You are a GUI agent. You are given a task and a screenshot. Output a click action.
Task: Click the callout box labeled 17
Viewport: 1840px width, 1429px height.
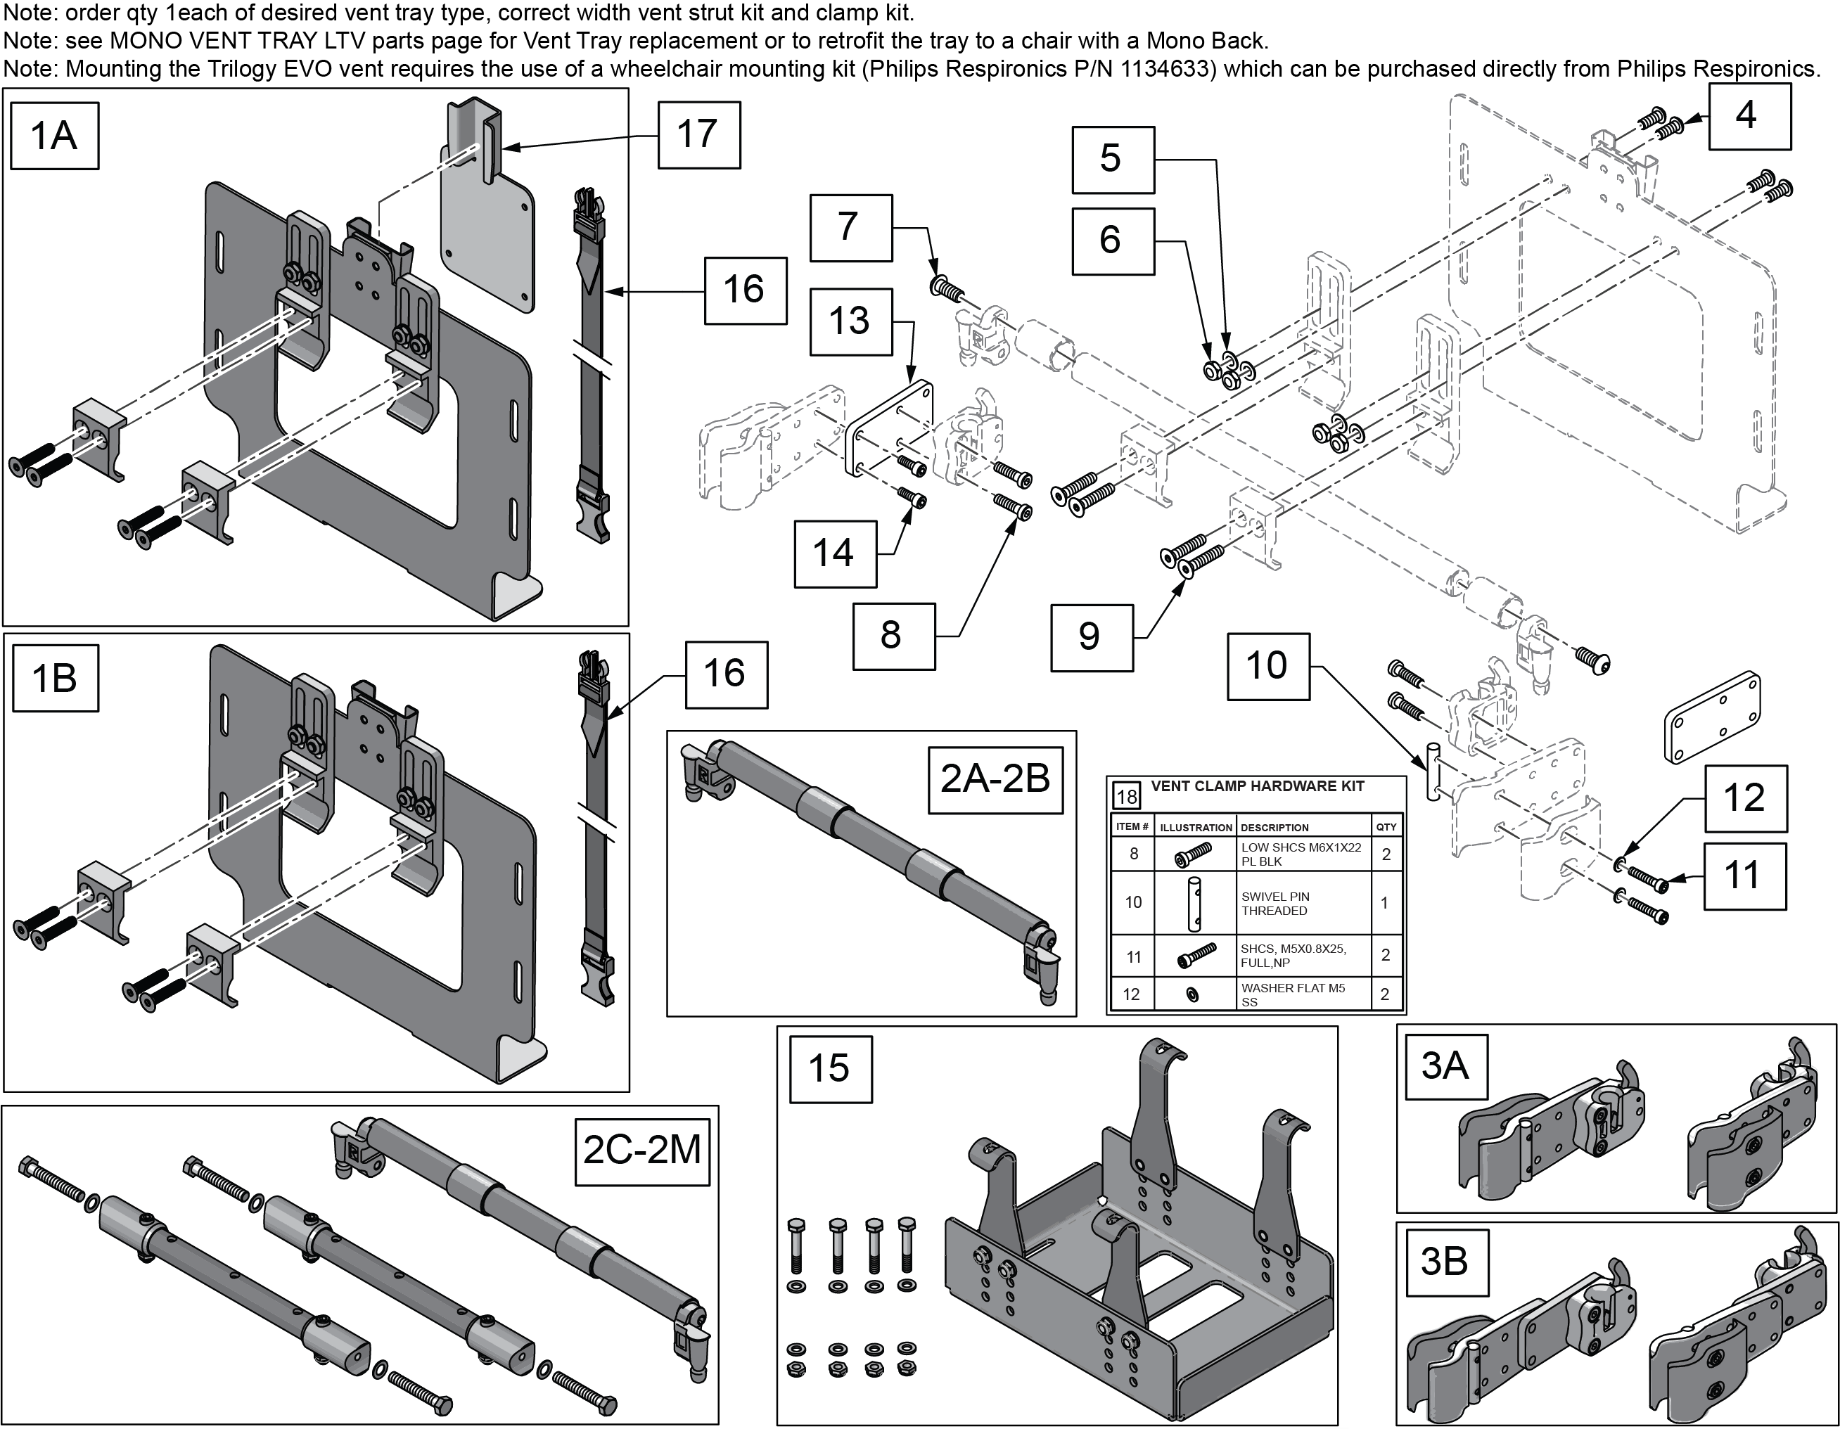(x=698, y=135)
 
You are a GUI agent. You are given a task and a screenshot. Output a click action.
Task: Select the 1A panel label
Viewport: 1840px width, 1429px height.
(x=54, y=136)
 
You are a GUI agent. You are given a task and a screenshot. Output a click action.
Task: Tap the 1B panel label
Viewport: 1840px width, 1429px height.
(x=54, y=677)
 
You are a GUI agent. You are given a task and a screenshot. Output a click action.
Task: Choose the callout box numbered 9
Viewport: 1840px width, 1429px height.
(x=1090, y=636)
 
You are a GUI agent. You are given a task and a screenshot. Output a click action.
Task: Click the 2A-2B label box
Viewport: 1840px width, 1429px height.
(x=995, y=779)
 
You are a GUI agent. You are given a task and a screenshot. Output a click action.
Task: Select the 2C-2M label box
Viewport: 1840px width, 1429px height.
(x=642, y=1151)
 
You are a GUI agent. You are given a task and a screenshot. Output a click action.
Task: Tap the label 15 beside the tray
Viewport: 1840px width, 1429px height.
(x=829, y=1068)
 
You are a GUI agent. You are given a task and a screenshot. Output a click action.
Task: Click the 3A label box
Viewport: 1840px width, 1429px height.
(x=1444, y=1066)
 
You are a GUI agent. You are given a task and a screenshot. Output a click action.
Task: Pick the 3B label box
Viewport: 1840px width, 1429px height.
(x=1444, y=1262)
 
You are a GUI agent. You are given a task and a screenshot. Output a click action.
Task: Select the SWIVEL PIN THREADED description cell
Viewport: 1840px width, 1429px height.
(x=1275, y=903)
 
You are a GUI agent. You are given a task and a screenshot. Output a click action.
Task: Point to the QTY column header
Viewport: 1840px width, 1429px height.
(x=1386, y=826)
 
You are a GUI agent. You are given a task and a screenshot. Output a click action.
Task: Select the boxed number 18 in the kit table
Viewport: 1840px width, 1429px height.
(x=1126, y=795)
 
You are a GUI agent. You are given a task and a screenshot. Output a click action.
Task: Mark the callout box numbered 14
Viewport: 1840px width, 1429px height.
(x=834, y=553)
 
